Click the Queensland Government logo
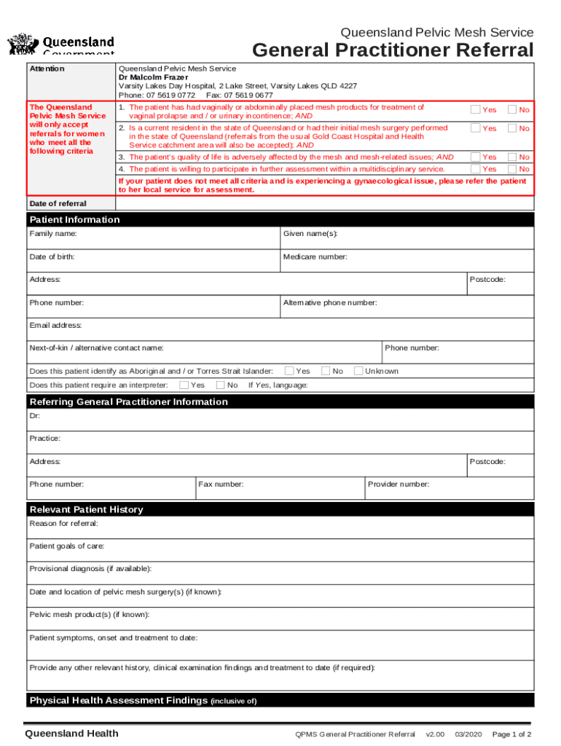coord(60,44)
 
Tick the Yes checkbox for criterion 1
coord(476,109)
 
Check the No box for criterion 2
coord(513,128)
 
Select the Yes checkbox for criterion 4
coord(476,168)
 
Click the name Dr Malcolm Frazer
coord(153,77)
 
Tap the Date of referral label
coord(58,204)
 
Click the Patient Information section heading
coord(74,220)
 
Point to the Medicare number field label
coord(315,256)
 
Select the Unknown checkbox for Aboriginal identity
coord(358,371)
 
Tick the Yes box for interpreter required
coord(184,385)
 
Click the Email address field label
coord(55,325)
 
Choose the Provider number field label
coord(399,484)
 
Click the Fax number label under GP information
coord(221,484)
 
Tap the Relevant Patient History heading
coord(86,509)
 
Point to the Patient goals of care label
coord(67,546)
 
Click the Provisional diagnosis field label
coord(90,569)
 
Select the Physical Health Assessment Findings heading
coord(119,701)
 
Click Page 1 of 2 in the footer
coord(511,734)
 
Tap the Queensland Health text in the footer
coord(71,734)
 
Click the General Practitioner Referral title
coord(393,50)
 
